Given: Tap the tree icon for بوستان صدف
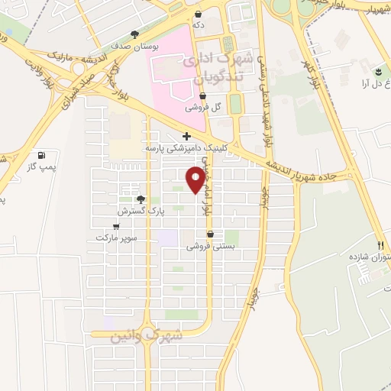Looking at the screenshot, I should tap(135, 34).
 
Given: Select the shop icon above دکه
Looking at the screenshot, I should tap(199, 14).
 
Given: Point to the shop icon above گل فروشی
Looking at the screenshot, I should tap(202, 96).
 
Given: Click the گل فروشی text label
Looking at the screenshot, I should tap(207, 108).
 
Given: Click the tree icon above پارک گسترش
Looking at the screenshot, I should tap(140, 199).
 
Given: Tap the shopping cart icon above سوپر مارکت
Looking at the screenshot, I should tap(115, 226).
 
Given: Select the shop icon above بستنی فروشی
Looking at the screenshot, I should tap(209, 234).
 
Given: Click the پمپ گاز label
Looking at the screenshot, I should tap(32, 165).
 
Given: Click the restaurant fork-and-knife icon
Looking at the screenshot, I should tap(380, 245).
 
